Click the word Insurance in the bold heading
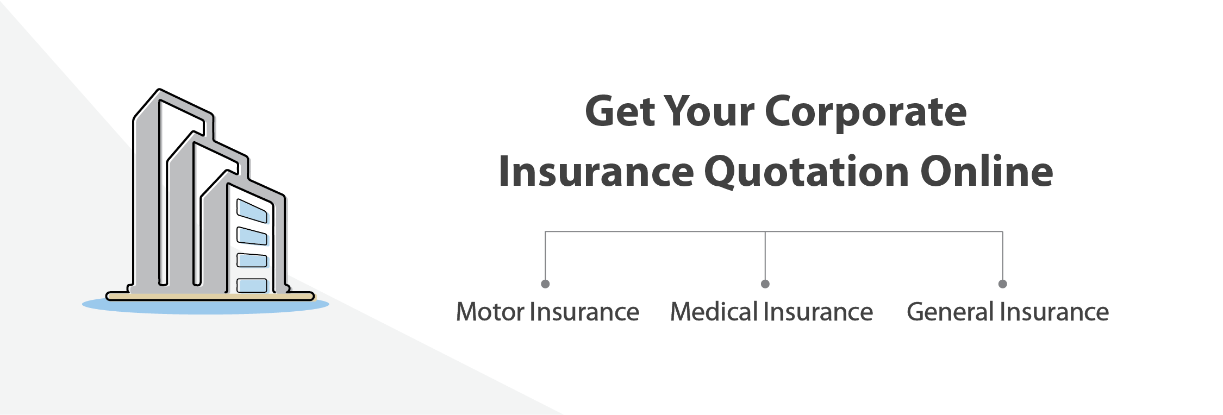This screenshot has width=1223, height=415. coord(596,172)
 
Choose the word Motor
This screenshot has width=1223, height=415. coord(490,312)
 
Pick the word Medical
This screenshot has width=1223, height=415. coord(714,312)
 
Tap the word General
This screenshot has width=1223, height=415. coord(951,312)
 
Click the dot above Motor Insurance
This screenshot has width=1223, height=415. coord(545,284)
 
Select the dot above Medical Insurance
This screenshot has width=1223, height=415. coord(765,284)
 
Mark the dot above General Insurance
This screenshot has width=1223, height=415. coord(1003,284)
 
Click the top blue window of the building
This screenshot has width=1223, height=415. coord(252,211)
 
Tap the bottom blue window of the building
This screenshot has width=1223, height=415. coord(252,285)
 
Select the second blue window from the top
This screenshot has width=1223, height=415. coord(252,236)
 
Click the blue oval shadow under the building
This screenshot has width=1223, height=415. coord(205,305)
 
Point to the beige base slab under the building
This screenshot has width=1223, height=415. coord(210,297)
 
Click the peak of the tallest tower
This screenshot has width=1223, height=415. coord(159,89)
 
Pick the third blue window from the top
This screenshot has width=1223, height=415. coord(252,260)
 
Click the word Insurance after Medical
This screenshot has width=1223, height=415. coord(818,312)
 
